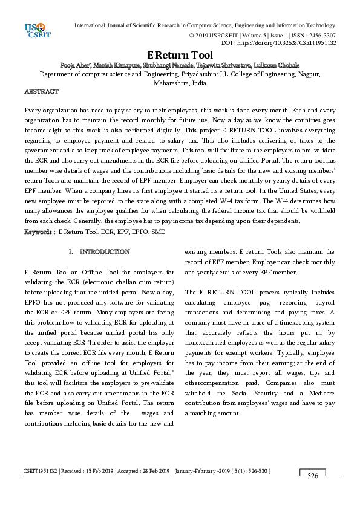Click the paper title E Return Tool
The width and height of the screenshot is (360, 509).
coord(180,55)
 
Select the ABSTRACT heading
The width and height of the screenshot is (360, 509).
coord(41,92)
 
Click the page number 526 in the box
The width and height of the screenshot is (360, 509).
coord(312,476)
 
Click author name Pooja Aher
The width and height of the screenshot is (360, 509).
coord(75,65)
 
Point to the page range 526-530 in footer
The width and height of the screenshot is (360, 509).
coord(254,470)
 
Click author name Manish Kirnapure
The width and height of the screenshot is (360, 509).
coord(116,65)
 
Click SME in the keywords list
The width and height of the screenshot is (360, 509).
coord(157,232)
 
